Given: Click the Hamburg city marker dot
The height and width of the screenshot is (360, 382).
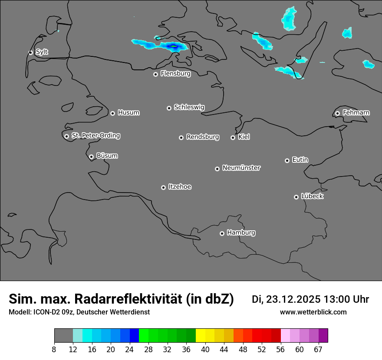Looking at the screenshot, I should tap(222, 233).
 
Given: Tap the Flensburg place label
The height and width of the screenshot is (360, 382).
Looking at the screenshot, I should tap(175, 74).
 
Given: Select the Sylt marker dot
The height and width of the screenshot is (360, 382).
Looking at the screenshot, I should tap(30, 52).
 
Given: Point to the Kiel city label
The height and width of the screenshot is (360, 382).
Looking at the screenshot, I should tap(244, 137).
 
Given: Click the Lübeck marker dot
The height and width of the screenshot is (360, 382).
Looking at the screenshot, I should tap(296, 197).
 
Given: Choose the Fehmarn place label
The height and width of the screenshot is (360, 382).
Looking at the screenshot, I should tap(356, 113).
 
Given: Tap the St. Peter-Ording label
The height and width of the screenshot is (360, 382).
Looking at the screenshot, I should tap(95, 136).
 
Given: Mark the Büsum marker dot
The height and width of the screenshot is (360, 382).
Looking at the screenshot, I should tap(91, 157).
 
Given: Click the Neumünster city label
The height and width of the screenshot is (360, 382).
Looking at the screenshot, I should tap(241, 168).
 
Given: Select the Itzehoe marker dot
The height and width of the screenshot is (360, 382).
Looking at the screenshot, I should tap(163, 187).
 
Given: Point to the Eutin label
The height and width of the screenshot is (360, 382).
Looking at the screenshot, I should tap(300, 160).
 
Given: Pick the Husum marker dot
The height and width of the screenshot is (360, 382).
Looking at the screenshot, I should tap(112, 113).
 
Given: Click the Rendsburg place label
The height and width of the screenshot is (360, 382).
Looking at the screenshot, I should tap(203, 137).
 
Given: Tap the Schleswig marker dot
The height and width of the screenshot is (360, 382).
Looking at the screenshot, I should tap(169, 108).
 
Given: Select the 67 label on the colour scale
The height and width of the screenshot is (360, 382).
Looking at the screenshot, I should tap(319, 349).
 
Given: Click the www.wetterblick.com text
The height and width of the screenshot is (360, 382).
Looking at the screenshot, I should tap(313, 312).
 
